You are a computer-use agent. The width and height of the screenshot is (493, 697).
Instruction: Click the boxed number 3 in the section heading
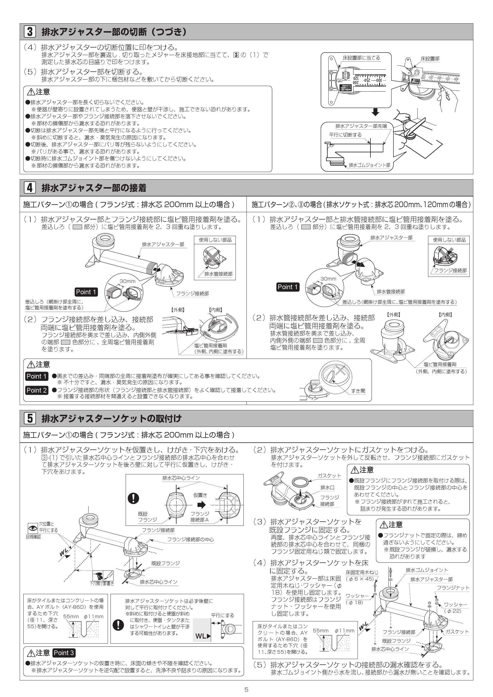[x=30, y=31]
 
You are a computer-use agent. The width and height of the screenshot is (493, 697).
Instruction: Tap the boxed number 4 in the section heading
[x=30, y=188]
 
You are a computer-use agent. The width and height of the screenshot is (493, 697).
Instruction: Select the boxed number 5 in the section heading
[x=30, y=418]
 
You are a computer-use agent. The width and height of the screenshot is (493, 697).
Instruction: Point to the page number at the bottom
[x=246, y=689]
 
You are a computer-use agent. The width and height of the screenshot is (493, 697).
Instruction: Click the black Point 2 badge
[x=37, y=390]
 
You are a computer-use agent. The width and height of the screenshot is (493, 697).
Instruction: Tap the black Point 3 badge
[x=64, y=653]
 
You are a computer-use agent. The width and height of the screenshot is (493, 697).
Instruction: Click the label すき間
[x=358, y=391]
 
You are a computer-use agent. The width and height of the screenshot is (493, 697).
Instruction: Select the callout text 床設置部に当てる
[x=361, y=58]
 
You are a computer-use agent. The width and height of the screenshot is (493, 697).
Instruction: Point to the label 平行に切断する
[x=345, y=135]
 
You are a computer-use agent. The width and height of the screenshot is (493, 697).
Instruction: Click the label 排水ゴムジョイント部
[x=369, y=165]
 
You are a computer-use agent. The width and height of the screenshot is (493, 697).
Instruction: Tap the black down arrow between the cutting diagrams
[x=376, y=112]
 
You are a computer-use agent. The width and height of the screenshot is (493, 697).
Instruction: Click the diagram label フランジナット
[x=453, y=588]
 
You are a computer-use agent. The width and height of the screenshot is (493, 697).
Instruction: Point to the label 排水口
[x=327, y=488]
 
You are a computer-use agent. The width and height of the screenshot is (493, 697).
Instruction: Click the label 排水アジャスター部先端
[x=361, y=126]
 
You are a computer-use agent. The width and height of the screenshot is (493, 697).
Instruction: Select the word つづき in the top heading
[x=166, y=32]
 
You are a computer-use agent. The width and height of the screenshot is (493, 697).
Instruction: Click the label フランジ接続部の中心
[x=190, y=539]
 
